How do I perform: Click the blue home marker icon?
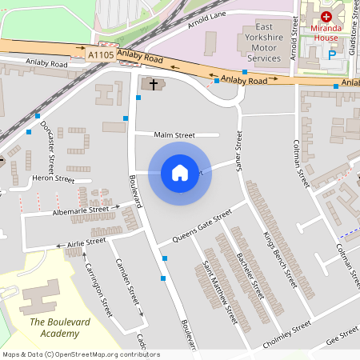click(x=180, y=172)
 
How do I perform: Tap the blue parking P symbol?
click(x=332, y=55)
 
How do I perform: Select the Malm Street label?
click(x=175, y=135)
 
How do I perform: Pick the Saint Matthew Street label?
click(x=219, y=292)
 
